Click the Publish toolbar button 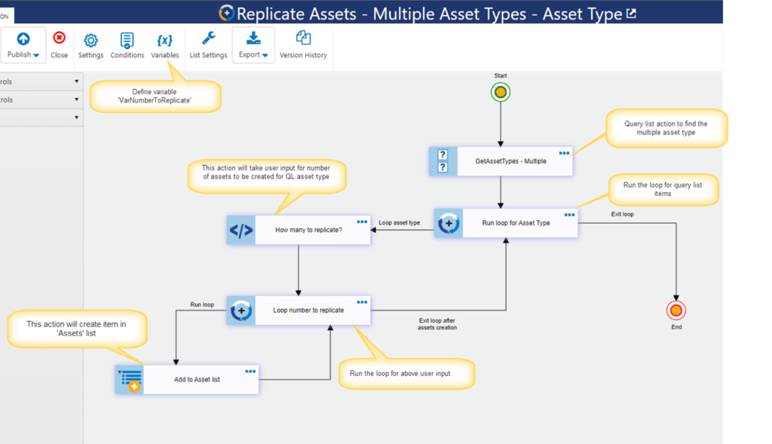pyautogui.click(x=23, y=44)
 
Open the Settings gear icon pyautogui.click(x=90, y=41)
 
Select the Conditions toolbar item pyautogui.click(x=127, y=45)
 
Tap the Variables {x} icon pyautogui.click(x=164, y=41)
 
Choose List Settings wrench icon pyautogui.click(x=208, y=38)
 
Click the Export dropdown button pyautogui.click(x=253, y=44)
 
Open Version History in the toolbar pyautogui.click(x=303, y=45)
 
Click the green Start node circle pyautogui.click(x=501, y=92)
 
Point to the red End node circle pyautogui.click(x=676, y=310)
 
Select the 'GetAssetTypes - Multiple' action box pyautogui.click(x=501, y=161)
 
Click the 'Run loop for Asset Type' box pyautogui.click(x=506, y=223)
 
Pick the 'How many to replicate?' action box pyautogui.click(x=299, y=230)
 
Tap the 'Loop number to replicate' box pyautogui.click(x=299, y=310)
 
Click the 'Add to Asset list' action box pyautogui.click(x=187, y=379)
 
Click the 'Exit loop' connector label pyautogui.click(x=622, y=214)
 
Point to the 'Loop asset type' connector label pyautogui.click(x=400, y=222)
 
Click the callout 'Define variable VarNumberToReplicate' pyautogui.click(x=155, y=96)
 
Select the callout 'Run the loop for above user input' pyautogui.click(x=406, y=374)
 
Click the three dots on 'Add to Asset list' pyautogui.click(x=250, y=372)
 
